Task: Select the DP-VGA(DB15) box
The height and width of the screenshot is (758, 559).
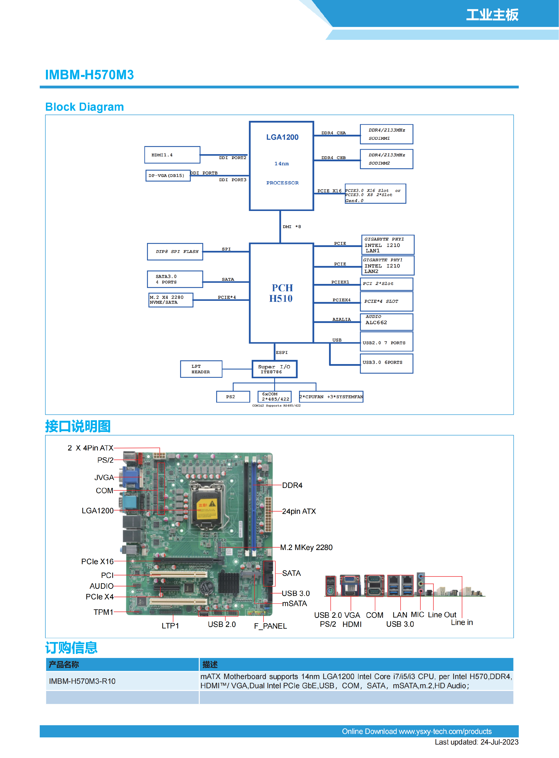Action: [x=168, y=175]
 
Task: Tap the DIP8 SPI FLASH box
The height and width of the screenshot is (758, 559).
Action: [x=175, y=252]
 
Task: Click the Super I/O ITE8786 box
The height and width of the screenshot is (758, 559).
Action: [x=274, y=369]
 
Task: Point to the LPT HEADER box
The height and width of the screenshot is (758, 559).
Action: [x=201, y=369]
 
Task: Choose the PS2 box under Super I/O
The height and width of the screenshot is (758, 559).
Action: [x=233, y=397]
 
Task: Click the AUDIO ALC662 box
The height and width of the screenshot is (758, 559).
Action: [x=386, y=322]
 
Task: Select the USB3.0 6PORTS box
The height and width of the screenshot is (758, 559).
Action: [x=386, y=363]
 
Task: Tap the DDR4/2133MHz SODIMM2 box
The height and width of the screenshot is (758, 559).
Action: [x=386, y=159]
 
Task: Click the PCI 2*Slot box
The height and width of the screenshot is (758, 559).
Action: [x=386, y=284]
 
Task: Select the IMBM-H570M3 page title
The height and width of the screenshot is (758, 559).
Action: [x=89, y=75]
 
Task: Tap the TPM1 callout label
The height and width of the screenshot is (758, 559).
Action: [x=103, y=612]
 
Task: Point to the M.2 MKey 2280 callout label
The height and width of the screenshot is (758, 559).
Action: [x=306, y=547]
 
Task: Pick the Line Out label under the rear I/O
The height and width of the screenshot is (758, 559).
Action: [x=442, y=615]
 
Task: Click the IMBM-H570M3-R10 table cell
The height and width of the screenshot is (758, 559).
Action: [x=82, y=681]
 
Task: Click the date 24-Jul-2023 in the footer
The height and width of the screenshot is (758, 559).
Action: [x=499, y=742]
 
